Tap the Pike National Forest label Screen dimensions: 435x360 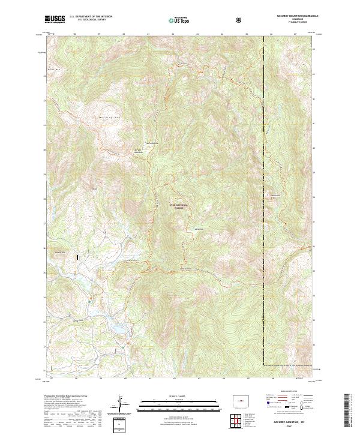tap(180, 206)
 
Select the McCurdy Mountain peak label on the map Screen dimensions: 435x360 tap(138, 151)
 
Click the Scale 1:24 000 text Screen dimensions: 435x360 tap(180, 397)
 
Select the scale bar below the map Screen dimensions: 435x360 tap(180, 407)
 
